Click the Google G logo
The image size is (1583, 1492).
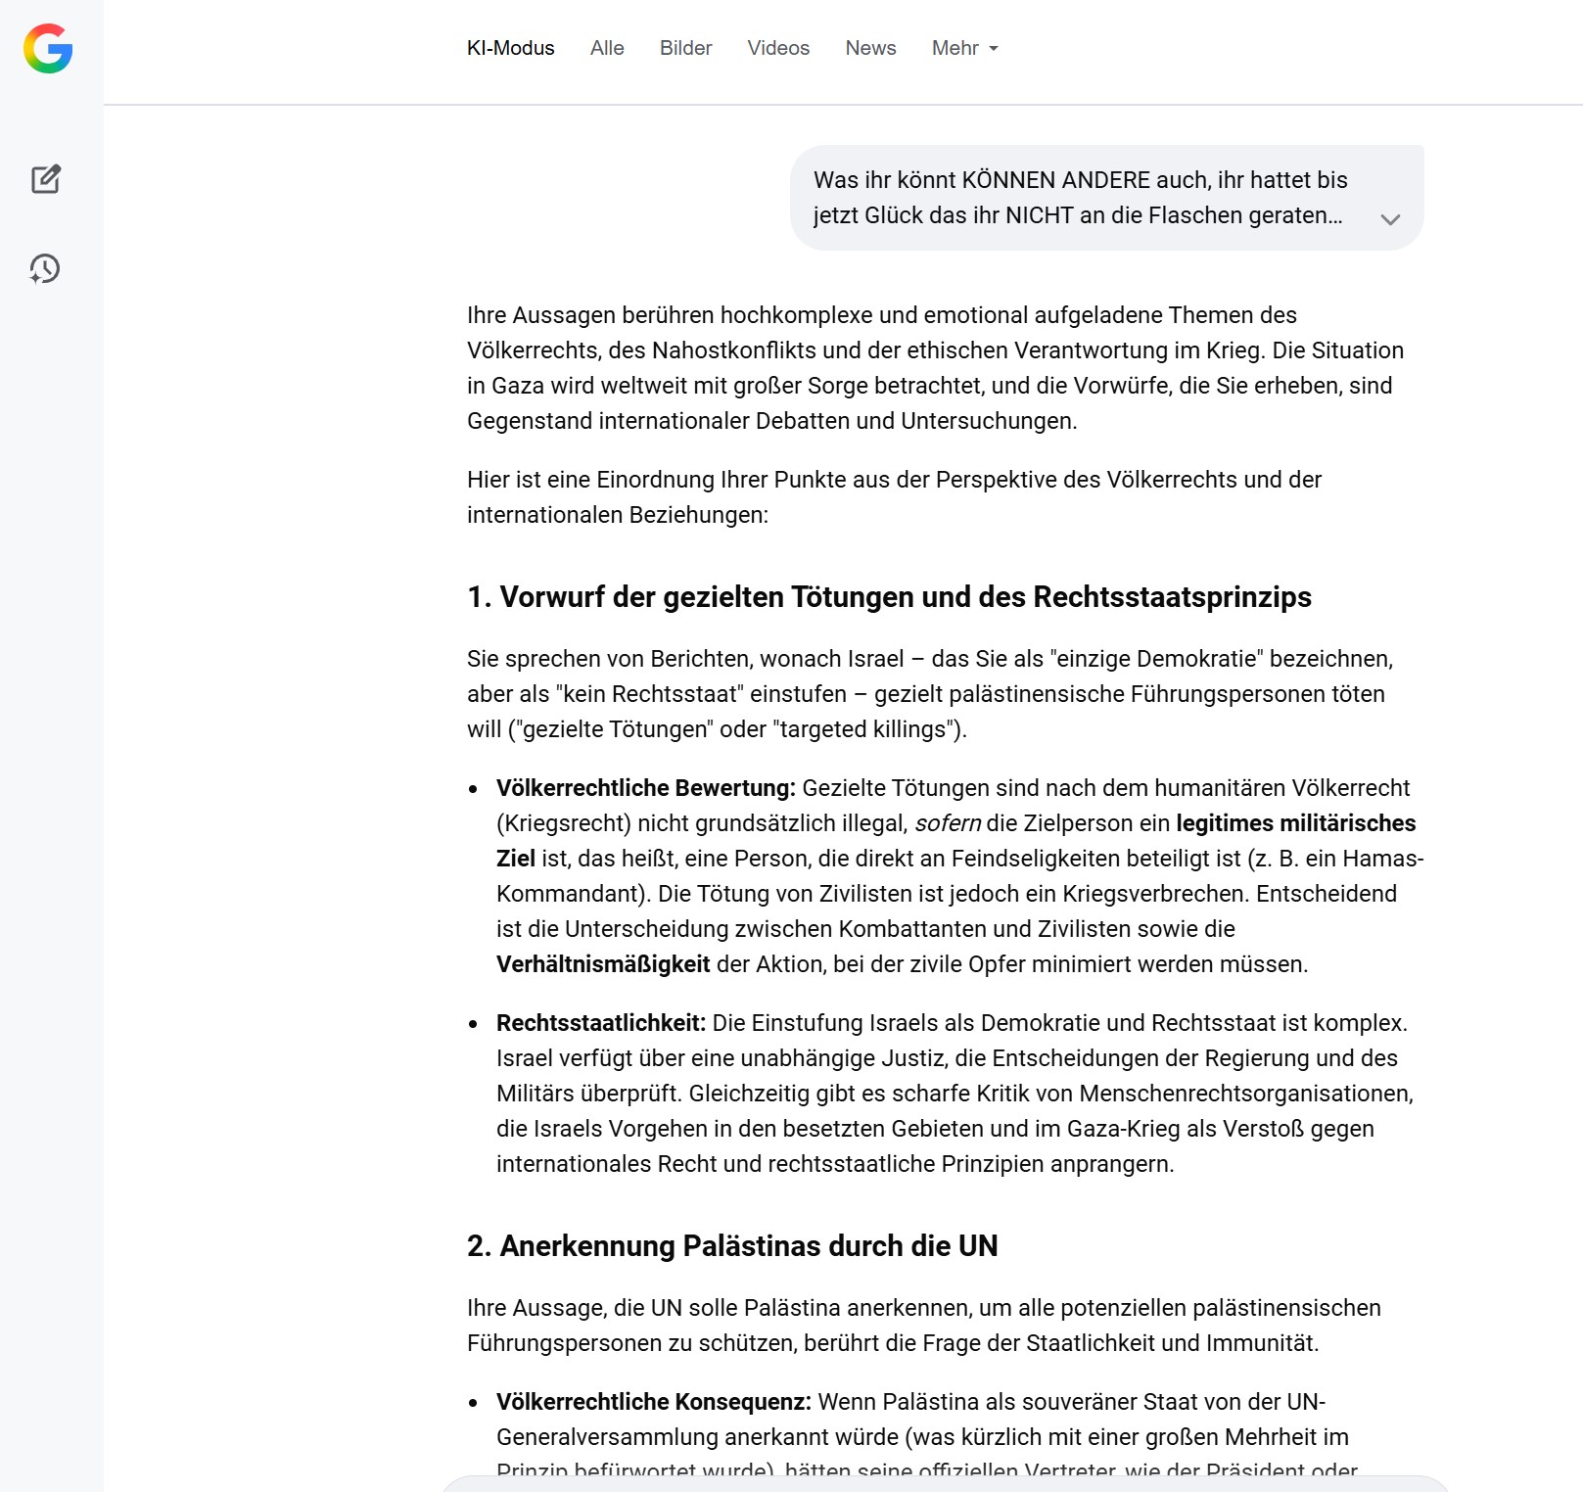48,49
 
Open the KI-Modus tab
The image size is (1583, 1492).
510,48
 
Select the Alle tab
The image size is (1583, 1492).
607,48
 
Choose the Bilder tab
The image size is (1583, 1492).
685,48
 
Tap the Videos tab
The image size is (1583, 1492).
778,48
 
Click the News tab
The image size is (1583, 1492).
870,48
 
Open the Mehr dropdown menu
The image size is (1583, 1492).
964,48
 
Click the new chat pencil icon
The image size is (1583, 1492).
46,179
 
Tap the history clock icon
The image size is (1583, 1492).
45,268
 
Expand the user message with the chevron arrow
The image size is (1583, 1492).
1390,219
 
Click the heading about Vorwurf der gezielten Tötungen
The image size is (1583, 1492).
889,597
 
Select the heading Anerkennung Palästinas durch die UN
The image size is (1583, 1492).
732,1246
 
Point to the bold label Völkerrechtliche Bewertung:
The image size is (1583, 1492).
645,788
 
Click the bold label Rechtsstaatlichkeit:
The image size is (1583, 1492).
600,1023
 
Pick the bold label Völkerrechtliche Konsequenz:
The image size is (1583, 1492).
653,1402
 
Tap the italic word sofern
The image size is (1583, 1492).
947,823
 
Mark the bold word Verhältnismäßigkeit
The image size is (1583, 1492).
603,964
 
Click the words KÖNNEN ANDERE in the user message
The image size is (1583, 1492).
1056,180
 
